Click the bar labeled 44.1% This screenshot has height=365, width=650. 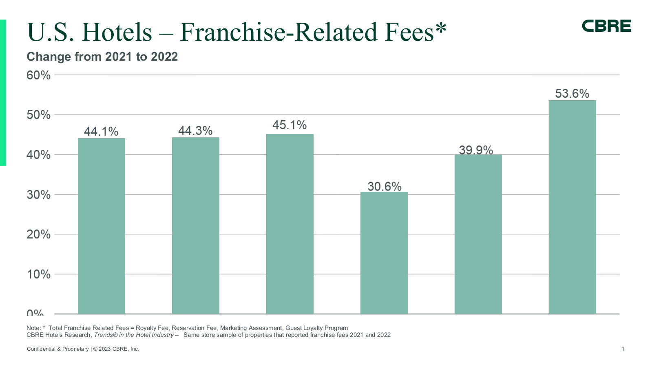[x=101, y=226]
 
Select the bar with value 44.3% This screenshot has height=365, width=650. [x=195, y=226]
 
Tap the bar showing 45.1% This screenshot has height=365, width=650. [x=290, y=224]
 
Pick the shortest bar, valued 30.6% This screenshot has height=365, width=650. [x=384, y=253]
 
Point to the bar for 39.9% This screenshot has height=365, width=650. [x=478, y=234]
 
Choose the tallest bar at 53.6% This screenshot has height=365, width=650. [x=572, y=207]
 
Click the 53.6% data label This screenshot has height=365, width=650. [x=572, y=94]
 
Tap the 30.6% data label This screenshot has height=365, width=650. [x=384, y=187]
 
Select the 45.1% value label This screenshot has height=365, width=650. [x=290, y=125]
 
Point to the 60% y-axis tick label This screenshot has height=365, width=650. [x=39, y=75]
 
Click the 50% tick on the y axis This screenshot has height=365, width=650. [x=39, y=115]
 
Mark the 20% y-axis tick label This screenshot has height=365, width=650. [x=39, y=235]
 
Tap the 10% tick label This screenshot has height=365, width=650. [x=39, y=275]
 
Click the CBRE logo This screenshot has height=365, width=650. [x=606, y=26]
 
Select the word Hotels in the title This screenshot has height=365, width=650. [x=117, y=32]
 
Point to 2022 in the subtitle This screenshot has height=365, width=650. [x=164, y=57]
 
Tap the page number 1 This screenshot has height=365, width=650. [x=623, y=349]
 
